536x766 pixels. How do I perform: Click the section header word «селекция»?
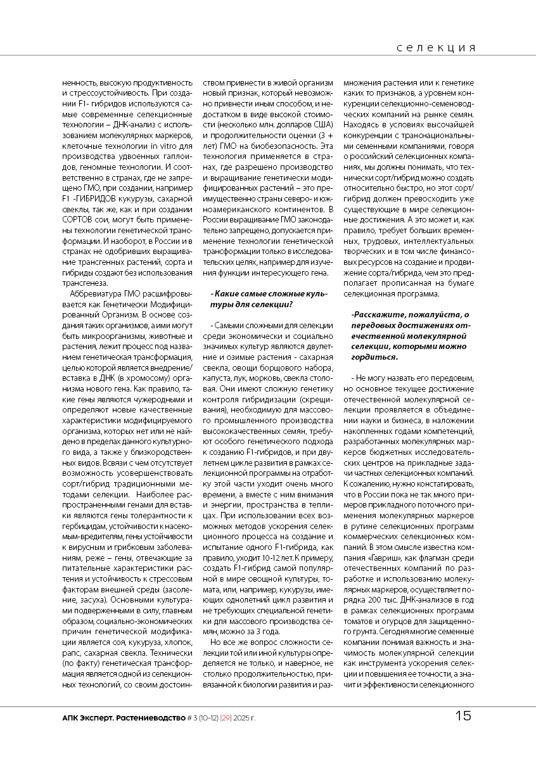[437, 48]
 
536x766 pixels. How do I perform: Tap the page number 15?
[463, 717]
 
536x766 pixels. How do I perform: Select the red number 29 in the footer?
[226, 718]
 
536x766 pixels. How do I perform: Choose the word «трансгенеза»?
[84, 283]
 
